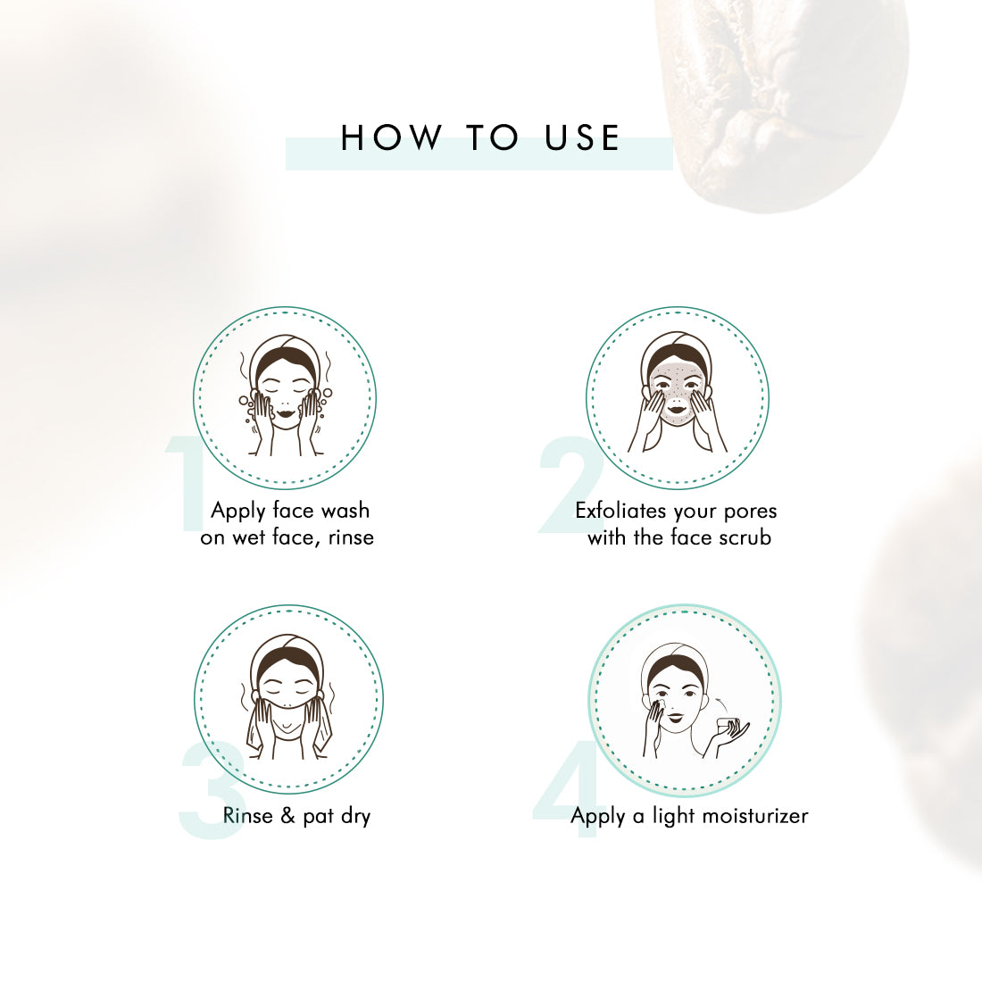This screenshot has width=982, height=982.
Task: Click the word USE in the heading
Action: (x=582, y=137)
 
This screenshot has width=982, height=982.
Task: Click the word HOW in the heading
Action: (x=391, y=137)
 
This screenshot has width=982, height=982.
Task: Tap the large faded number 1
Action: (x=186, y=484)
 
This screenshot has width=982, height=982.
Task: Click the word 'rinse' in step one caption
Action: (x=351, y=537)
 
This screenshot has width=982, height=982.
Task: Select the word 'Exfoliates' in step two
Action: (x=620, y=511)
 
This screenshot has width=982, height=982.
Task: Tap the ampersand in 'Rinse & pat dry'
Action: (x=287, y=815)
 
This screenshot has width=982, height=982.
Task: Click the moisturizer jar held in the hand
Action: (x=727, y=725)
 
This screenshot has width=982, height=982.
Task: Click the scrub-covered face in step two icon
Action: (x=677, y=394)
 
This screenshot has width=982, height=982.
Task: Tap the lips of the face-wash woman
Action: (x=284, y=413)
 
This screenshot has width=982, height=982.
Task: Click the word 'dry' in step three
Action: (x=356, y=817)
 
